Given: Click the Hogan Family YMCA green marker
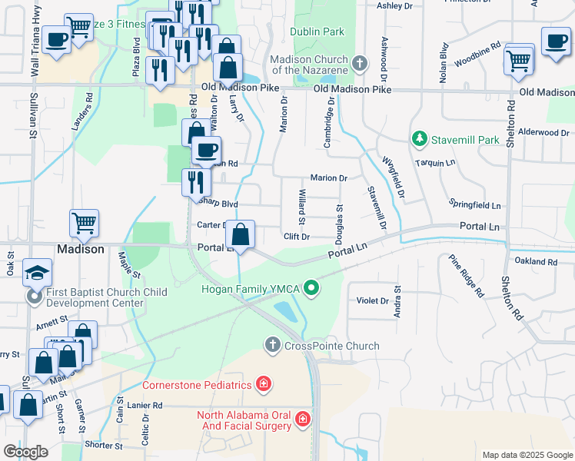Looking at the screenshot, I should (311, 290).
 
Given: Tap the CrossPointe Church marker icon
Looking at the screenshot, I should (272, 345).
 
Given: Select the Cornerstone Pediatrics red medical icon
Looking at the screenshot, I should (263, 383).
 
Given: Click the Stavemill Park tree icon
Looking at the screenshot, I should (419, 140).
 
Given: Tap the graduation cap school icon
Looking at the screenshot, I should (36, 272).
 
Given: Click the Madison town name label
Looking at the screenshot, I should (80, 250).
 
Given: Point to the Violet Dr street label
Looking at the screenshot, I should (374, 300).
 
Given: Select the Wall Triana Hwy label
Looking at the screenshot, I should (35, 30).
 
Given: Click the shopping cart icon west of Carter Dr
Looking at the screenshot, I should (84, 224).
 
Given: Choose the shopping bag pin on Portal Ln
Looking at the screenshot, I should (241, 234).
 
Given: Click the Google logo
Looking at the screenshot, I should (25, 452).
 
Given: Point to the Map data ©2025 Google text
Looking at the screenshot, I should (527, 455).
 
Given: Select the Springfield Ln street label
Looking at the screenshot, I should (475, 206).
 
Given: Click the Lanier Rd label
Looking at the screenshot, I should (146, 405).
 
